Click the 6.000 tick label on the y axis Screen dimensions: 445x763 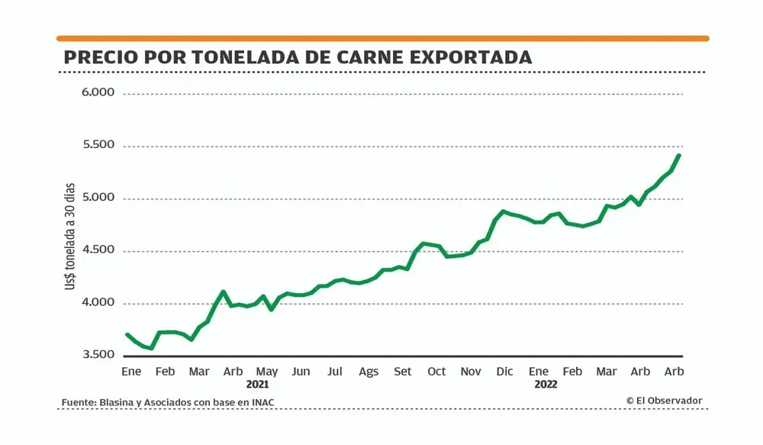pos(98,92)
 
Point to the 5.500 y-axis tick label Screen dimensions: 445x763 pos(98,145)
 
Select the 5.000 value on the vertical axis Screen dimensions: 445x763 pos(98,198)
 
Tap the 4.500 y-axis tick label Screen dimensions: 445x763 pos(98,250)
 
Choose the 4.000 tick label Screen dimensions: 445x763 pos(98,303)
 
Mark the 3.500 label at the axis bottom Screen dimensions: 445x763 pos(98,356)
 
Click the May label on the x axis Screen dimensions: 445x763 pos(266,372)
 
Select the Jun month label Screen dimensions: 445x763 pos(301,372)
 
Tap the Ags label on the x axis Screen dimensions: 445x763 pos(369,372)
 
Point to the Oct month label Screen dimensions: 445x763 pos(436,372)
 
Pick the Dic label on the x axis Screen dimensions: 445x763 pos(504,372)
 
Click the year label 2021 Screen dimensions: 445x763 pos(258,385)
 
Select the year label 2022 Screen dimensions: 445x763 pos(546,385)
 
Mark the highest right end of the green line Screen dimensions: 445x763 pos(678,156)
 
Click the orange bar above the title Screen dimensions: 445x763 pos(382,38)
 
